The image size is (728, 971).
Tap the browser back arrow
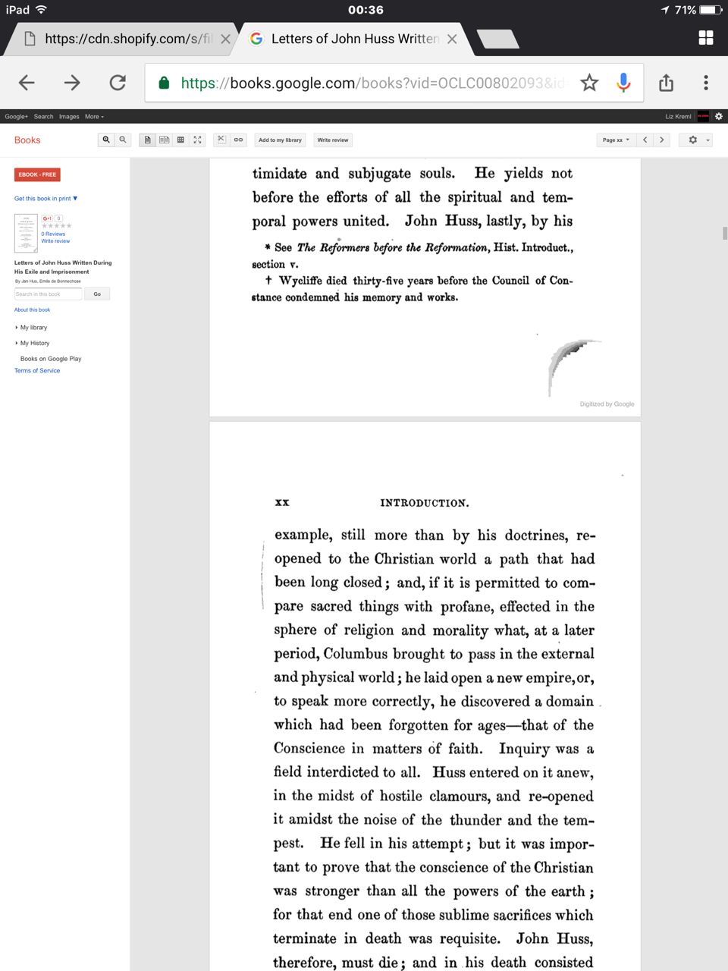pos(27,83)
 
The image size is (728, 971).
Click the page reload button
pos(118,83)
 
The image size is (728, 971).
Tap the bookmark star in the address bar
pos(589,83)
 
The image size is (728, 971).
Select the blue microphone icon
pos(623,83)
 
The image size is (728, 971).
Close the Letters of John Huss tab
pos(452,39)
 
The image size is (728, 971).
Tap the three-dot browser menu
pos(705,83)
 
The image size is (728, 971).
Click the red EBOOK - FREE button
pos(37,174)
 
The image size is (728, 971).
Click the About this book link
pos(32,310)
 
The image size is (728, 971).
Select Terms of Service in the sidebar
pos(37,371)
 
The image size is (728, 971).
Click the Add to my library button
pos(280,140)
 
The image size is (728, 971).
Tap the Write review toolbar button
pos(333,140)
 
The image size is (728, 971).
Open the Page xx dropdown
pos(616,140)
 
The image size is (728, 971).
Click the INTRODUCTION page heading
pos(424,503)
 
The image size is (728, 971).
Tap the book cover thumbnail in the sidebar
pos(26,233)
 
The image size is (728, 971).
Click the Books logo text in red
pos(27,140)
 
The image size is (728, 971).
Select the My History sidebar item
pos(34,343)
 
